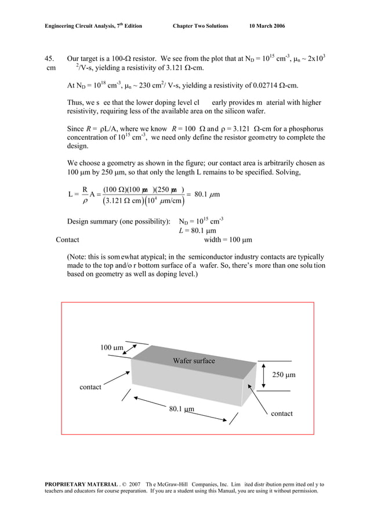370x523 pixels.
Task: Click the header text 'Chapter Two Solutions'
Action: point(200,26)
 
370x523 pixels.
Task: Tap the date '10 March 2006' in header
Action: point(267,26)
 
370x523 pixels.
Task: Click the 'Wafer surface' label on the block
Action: point(194,361)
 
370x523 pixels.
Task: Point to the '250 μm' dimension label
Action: point(284,375)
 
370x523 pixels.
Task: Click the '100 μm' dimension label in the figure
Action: point(111,348)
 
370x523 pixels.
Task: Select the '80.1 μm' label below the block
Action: point(181,409)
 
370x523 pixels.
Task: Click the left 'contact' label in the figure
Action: point(90,387)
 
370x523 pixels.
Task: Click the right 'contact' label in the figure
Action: point(282,414)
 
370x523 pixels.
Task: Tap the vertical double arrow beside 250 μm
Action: point(263,375)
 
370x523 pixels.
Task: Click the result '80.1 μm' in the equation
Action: point(206,194)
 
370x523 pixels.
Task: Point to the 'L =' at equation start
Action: point(73,194)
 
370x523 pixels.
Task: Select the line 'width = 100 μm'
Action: point(228,240)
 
